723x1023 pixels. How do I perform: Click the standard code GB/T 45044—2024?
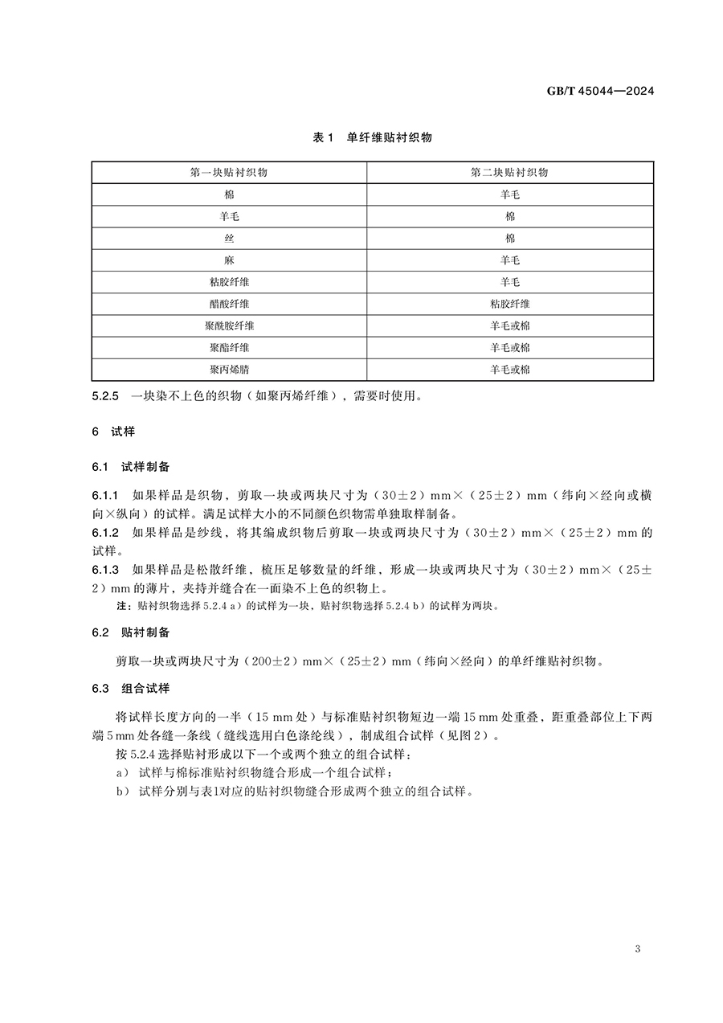point(601,91)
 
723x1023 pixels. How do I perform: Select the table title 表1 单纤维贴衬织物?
point(372,137)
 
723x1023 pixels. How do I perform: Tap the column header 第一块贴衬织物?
point(229,173)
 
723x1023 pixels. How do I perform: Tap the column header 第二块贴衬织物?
point(510,173)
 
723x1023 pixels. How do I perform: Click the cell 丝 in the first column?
point(229,239)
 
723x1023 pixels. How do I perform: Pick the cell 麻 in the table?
point(229,260)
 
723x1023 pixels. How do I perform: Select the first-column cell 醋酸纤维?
point(229,304)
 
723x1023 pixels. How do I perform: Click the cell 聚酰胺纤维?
point(229,325)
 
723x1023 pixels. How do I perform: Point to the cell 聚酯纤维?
point(229,348)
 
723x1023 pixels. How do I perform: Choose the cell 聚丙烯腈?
point(229,370)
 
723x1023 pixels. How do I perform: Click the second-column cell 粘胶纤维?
point(510,304)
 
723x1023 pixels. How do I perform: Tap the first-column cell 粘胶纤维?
point(229,282)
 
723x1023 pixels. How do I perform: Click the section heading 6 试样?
point(113,432)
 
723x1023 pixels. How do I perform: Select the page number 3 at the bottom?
point(637,949)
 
